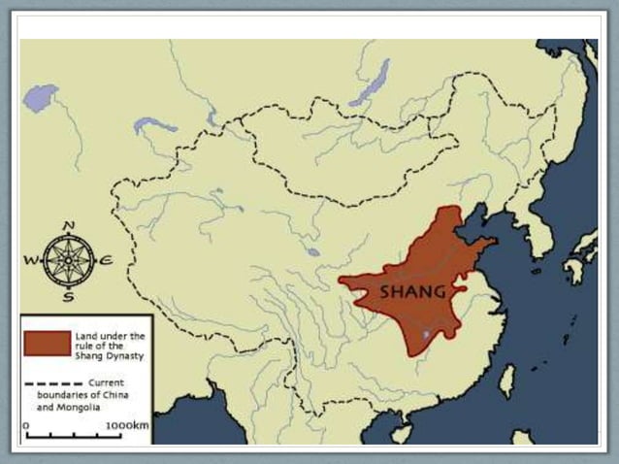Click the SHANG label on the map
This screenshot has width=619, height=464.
coord(412,291)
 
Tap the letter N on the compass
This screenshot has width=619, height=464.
coord(69,226)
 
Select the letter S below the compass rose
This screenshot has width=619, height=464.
coord(68,296)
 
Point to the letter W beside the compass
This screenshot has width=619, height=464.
coord(30,260)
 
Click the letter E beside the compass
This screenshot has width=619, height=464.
coord(106,259)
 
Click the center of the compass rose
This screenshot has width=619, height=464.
coord(69,259)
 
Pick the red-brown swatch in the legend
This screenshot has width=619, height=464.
coord(48,343)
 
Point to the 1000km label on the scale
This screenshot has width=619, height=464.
coord(127,425)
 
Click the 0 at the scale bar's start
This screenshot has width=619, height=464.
coord(27,425)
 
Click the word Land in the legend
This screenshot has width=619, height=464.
coord(84,335)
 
